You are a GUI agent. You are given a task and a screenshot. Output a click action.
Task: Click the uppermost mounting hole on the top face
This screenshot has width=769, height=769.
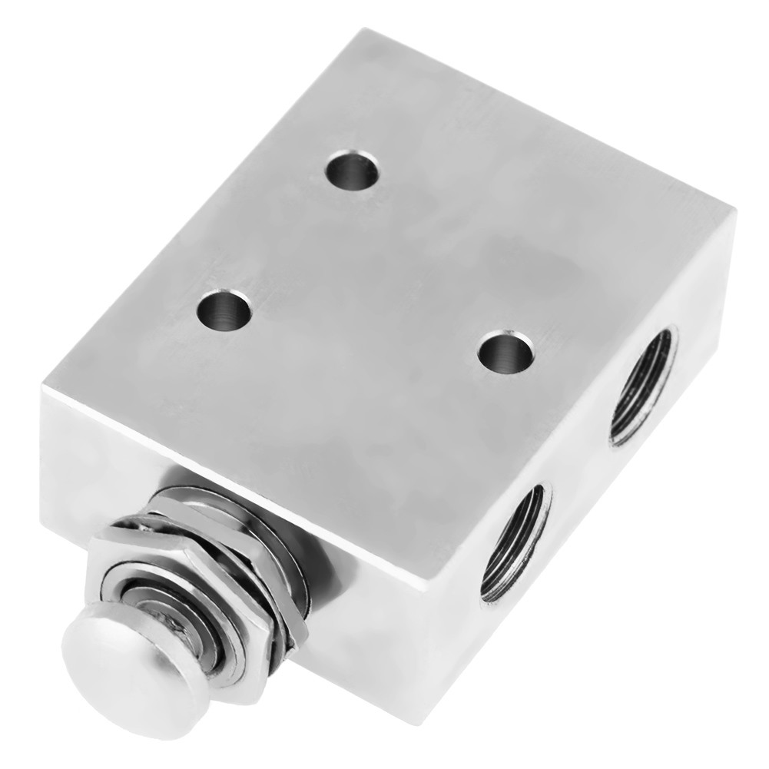(x=352, y=169)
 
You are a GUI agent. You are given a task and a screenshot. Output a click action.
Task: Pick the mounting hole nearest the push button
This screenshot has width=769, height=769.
(x=224, y=310)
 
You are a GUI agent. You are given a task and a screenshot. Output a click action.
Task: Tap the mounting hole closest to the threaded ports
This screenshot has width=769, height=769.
(x=505, y=352)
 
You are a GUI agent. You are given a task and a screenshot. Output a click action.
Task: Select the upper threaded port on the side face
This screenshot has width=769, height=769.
(x=643, y=386)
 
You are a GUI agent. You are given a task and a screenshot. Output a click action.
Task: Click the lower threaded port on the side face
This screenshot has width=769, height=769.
(x=515, y=542)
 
